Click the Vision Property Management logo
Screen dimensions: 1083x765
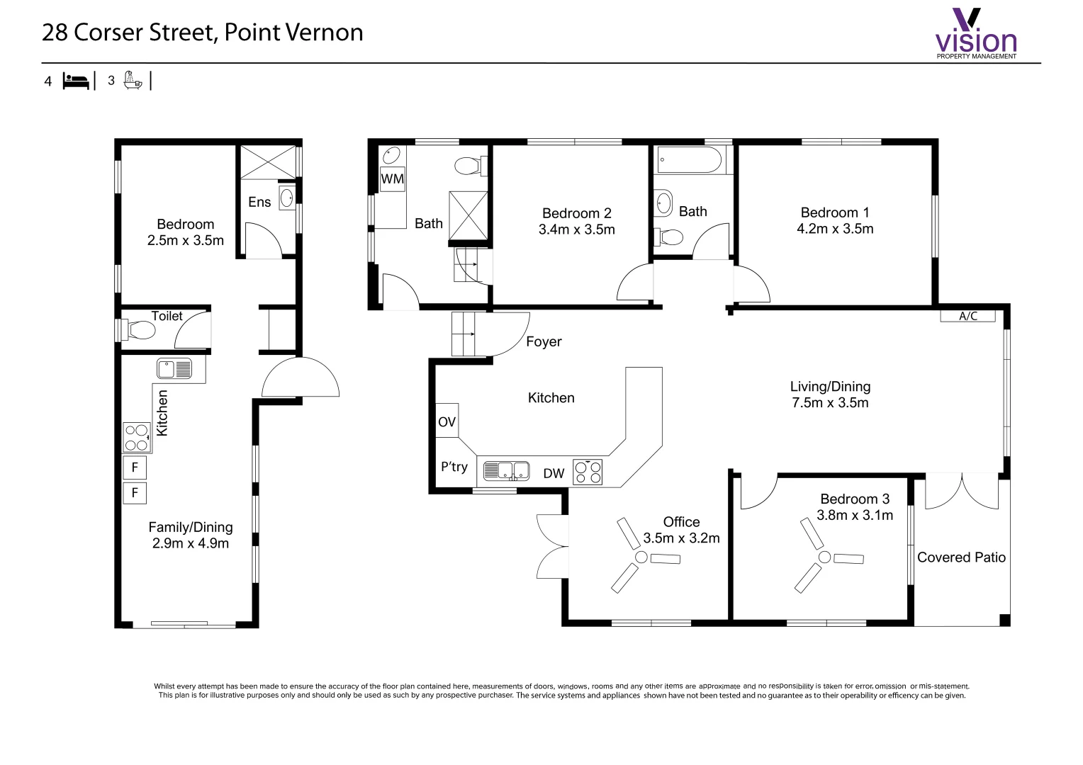pyautogui.click(x=976, y=33)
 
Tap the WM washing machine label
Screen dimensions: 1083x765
pyautogui.click(x=392, y=178)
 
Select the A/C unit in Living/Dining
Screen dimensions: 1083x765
pyautogui.click(x=968, y=316)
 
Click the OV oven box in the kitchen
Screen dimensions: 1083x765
pyautogui.click(x=447, y=421)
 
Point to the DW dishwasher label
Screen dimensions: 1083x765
pyautogui.click(x=554, y=474)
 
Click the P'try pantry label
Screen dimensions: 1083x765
pyautogui.click(x=454, y=467)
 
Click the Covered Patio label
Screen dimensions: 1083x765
pyautogui.click(x=961, y=557)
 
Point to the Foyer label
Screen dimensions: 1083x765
pyautogui.click(x=544, y=341)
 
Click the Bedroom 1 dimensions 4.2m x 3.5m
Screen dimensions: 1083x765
pyautogui.click(x=835, y=229)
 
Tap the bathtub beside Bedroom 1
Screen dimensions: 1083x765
pyautogui.click(x=689, y=159)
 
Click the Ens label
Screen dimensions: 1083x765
pyautogui.click(x=259, y=202)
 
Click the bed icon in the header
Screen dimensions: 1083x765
pyautogui.click(x=76, y=81)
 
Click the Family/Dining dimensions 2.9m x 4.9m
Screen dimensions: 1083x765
pyautogui.click(x=191, y=543)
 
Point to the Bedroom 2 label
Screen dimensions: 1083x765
pyautogui.click(x=577, y=213)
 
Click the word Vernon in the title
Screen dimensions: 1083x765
pyautogui.click(x=325, y=33)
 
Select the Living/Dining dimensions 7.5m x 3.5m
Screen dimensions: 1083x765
pyautogui.click(x=830, y=402)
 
